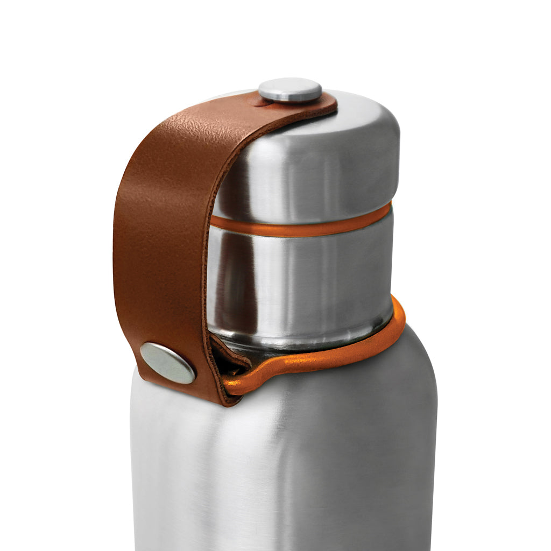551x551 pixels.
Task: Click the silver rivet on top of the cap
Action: tap(290, 90)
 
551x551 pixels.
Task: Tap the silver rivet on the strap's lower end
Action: tap(167, 363)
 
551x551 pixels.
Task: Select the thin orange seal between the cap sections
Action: tap(301, 227)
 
